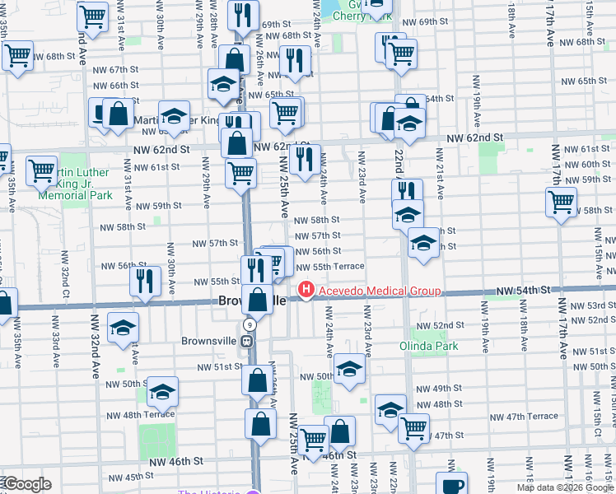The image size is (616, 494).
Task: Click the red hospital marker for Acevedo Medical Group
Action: tap(306, 291)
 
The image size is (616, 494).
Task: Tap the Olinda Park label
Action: tap(429, 346)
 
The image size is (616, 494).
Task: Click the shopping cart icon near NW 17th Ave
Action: tap(561, 201)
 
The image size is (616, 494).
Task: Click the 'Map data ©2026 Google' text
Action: tap(565, 487)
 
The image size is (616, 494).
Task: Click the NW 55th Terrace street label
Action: tap(329, 267)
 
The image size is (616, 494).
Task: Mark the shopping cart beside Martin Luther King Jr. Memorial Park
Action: tap(41, 172)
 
